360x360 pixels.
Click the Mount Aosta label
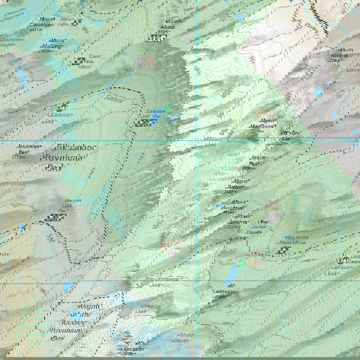tap(167, 24)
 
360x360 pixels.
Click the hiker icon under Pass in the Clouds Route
tap(284, 250)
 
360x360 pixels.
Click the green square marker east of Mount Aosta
tap(197, 38)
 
